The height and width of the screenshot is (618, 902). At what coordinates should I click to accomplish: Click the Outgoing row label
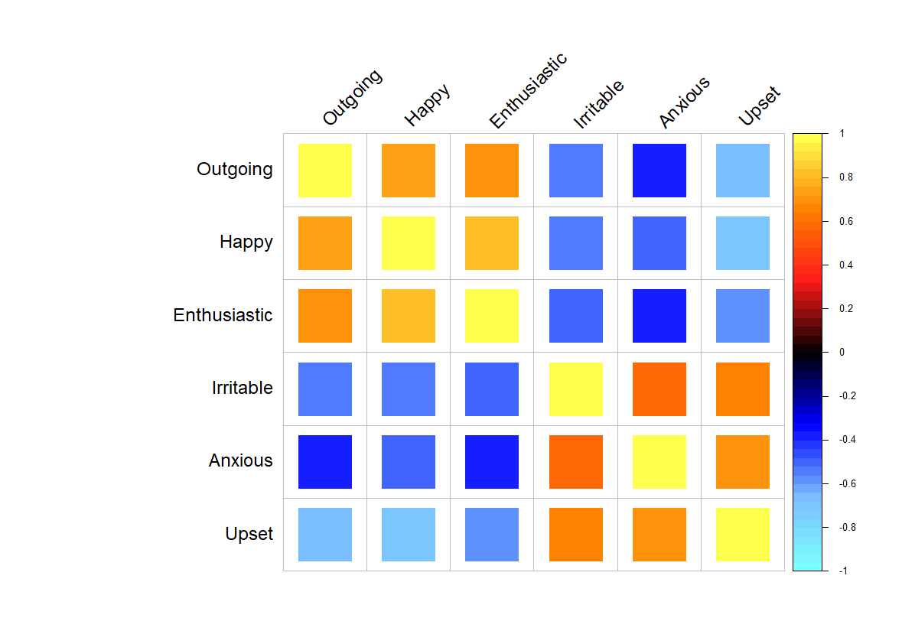(234, 169)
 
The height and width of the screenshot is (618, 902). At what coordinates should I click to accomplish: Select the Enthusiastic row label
(223, 315)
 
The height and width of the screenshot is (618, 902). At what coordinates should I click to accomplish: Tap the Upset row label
(249, 534)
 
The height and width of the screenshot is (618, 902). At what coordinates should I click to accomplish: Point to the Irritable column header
(598, 104)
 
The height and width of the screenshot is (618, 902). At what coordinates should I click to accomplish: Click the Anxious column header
(685, 102)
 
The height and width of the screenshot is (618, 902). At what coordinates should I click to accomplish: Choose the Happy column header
(427, 104)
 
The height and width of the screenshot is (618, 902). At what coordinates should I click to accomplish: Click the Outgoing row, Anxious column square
(659, 171)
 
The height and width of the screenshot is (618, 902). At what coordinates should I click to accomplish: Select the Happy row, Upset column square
(743, 243)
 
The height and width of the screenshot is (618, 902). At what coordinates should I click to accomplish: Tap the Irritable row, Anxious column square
(659, 389)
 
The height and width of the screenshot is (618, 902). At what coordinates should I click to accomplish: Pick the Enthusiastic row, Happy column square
(409, 316)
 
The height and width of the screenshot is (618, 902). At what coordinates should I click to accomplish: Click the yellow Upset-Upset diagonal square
(743, 534)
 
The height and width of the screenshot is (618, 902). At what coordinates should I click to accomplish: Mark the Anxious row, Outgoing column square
(325, 461)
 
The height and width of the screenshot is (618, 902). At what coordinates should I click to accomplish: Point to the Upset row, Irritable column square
(576, 534)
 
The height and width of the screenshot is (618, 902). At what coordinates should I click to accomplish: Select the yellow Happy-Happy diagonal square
(409, 243)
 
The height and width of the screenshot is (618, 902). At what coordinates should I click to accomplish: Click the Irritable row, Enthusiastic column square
(492, 389)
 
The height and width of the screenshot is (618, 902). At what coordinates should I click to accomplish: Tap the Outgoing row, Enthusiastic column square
(492, 171)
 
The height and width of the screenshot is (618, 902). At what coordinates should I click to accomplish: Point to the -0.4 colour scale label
(848, 440)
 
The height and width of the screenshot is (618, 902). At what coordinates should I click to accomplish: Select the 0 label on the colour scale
(842, 353)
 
